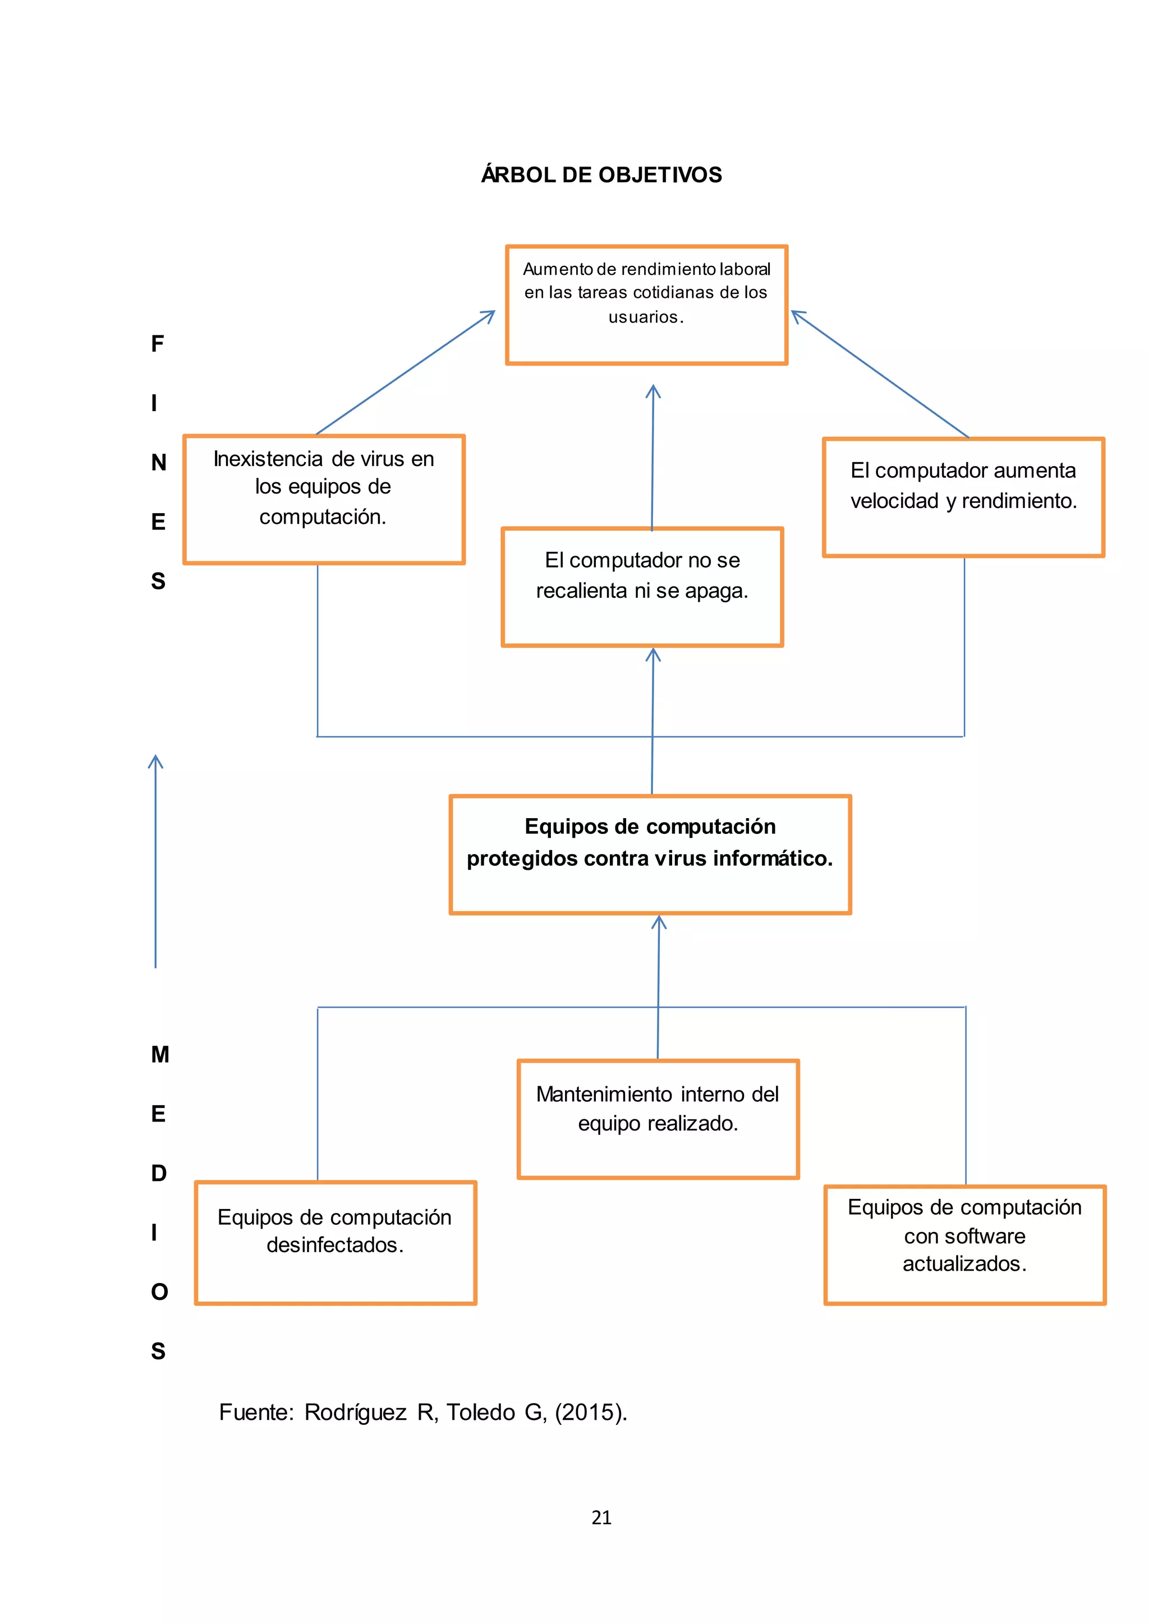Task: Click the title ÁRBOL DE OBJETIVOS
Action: tap(601, 175)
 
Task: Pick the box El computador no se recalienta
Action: tap(642, 587)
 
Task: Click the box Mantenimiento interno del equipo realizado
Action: tap(658, 1118)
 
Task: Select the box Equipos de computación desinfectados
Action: tap(335, 1242)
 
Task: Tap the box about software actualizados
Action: tap(964, 1244)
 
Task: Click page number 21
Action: tap(601, 1517)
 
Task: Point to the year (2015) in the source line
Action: tap(591, 1412)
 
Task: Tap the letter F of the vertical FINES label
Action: tap(157, 344)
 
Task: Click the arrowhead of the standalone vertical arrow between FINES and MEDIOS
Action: tap(155, 760)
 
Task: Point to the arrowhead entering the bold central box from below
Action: tap(659, 920)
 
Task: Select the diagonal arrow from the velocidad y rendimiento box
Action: tap(880, 374)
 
